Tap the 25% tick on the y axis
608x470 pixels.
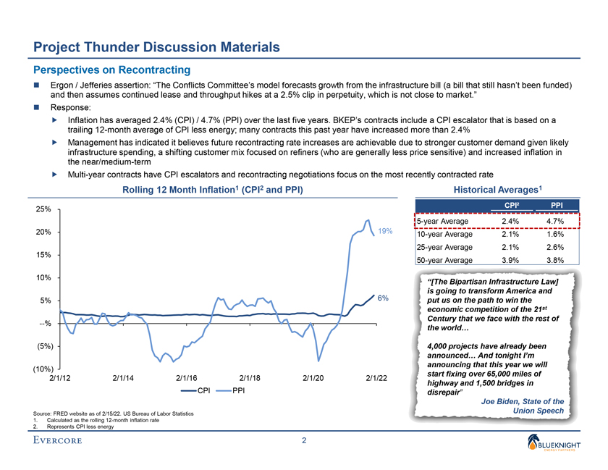pos(43,209)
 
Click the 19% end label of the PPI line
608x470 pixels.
pos(385,231)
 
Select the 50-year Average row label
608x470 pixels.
pos(444,260)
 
